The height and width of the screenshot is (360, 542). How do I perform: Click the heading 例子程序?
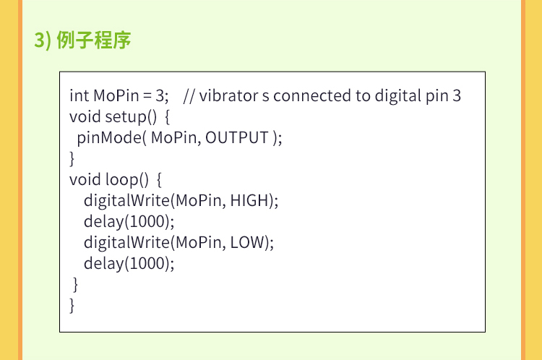[x=94, y=40]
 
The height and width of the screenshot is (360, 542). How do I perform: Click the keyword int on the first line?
[x=79, y=95]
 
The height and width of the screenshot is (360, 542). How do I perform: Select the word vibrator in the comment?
[x=228, y=95]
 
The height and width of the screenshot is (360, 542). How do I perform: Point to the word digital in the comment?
[x=397, y=96]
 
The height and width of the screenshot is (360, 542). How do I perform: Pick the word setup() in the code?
[x=131, y=117]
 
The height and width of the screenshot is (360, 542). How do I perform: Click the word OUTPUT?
[x=237, y=137]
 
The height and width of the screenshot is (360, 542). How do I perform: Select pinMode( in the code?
[x=111, y=138]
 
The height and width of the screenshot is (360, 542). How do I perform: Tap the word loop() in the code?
[x=127, y=180]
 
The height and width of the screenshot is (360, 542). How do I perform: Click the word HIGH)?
[x=254, y=200]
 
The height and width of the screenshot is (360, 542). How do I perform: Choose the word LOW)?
[x=252, y=242]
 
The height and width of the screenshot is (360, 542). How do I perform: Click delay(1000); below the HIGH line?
[x=129, y=222]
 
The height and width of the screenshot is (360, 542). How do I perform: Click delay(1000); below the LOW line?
[x=129, y=264]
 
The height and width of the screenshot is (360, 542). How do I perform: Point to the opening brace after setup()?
[x=168, y=117]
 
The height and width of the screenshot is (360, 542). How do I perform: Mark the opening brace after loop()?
[x=159, y=180]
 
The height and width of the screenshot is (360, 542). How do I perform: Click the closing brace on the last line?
[x=72, y=306]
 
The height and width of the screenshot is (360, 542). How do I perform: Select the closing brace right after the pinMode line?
[x=72, y=159]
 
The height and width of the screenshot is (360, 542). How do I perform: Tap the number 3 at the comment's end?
[x=457, y=96]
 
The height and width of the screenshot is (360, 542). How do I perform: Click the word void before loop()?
[x=85, y=180]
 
